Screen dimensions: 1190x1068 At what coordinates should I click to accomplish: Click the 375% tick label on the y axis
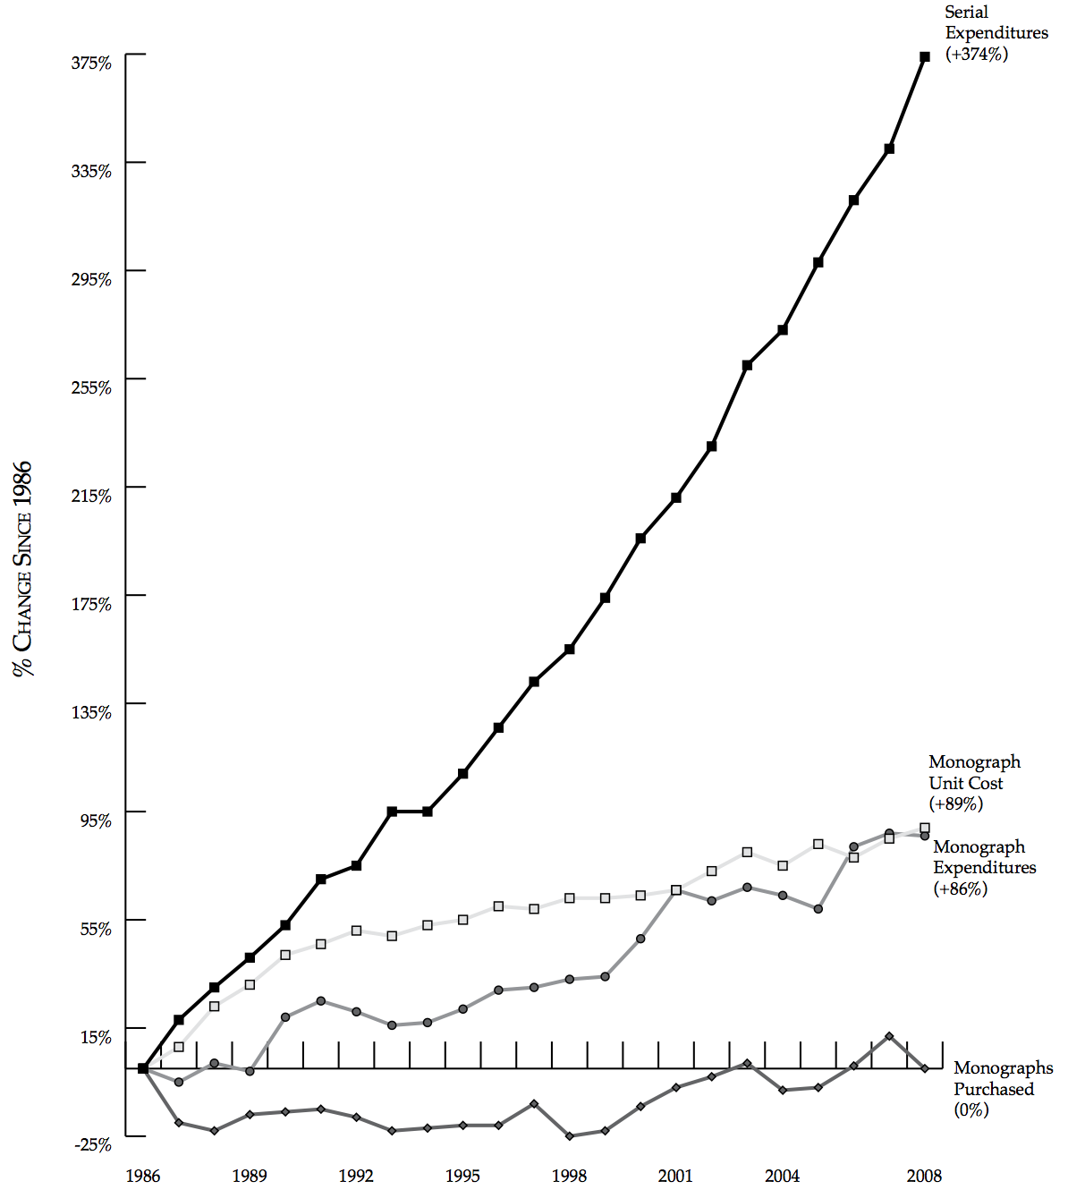click(91, 63)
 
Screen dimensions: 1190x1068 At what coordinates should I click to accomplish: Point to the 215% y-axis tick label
click(91, 496)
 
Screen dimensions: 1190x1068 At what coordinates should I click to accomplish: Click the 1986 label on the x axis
click(143, 1176)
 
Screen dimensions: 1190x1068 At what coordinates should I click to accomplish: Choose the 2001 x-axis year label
click(675, 1176)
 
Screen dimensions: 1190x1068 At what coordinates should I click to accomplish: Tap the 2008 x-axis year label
click(924, 1176)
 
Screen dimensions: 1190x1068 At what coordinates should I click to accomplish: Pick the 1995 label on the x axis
click(462, 1176)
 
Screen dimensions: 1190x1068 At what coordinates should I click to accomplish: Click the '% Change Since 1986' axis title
click(22, 569)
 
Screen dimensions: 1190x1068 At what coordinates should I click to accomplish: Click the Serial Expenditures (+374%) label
click(996, 33)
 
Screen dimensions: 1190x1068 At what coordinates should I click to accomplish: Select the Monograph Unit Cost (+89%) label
click(974, 783)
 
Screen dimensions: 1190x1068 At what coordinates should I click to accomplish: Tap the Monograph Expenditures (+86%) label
click(984, 868)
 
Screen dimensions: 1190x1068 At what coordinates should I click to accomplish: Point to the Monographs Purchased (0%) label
click(1002, 1089)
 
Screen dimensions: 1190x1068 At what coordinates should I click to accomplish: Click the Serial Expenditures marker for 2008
click(925, 56)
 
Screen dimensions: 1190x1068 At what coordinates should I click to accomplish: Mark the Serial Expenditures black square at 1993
click(392, 812)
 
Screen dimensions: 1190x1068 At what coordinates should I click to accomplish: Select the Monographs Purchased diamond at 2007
click(889, 1036)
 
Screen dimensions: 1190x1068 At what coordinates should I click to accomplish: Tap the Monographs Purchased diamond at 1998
click(570, 1136)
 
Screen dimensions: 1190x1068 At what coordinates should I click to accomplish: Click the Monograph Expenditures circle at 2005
click(818, 909)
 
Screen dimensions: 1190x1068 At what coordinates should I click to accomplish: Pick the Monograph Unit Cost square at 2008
click(925, 829)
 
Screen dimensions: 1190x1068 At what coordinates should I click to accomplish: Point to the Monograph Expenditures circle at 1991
click(320, 1000)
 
